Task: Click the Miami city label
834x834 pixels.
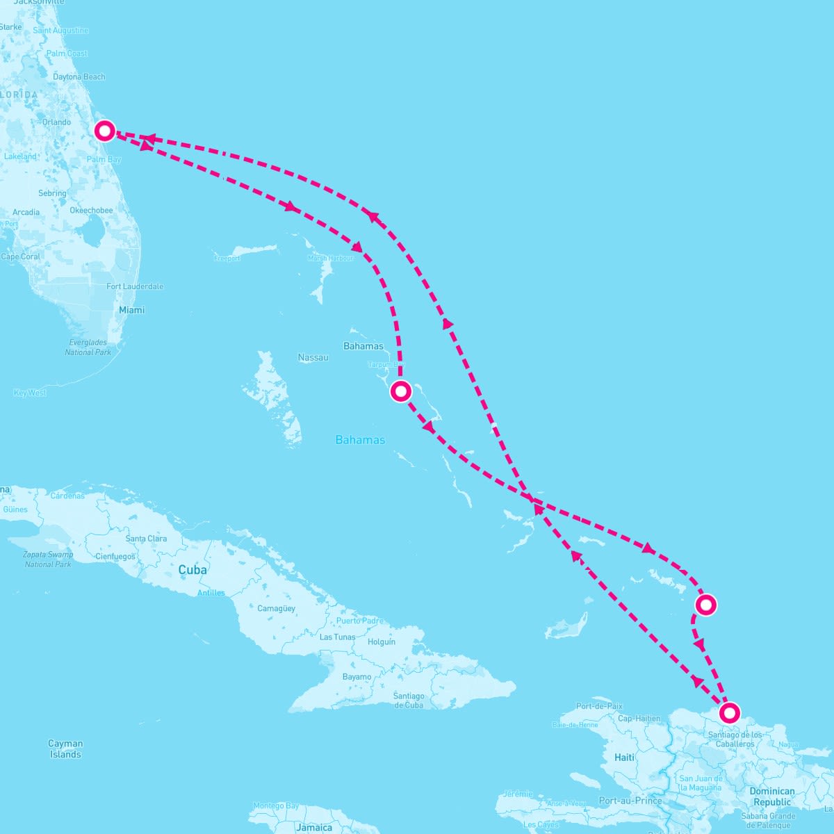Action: tap(131, 310)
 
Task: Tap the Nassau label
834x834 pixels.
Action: tap(313, 357)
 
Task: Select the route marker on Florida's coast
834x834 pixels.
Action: tap(104, 130)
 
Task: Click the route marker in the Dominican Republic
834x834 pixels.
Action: tap(729, 712)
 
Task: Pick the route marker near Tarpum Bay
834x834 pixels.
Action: tap(400, 391)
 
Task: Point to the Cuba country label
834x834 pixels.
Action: tap(193, 570)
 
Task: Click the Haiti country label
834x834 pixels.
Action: tap(624, 757)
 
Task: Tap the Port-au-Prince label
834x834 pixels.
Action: tap(630, 800)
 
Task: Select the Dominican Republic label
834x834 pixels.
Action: tap(772, 796)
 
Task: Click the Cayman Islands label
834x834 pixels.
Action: tap(65, 749)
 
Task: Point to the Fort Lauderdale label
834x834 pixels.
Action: tap(135, 286)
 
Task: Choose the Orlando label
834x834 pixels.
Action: tap(56, 122)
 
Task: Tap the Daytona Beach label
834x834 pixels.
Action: tap(79, 76)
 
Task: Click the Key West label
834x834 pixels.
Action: tap(30, 393)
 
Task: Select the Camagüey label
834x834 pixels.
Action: tap(276, 608)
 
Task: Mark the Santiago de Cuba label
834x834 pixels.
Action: tap(409, 700)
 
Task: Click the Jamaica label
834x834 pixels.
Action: tap(314, 827)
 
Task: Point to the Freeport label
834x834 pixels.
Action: tap(227, 259)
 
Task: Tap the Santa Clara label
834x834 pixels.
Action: tap(146, 539)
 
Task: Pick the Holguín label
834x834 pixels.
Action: tap(382, 642)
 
